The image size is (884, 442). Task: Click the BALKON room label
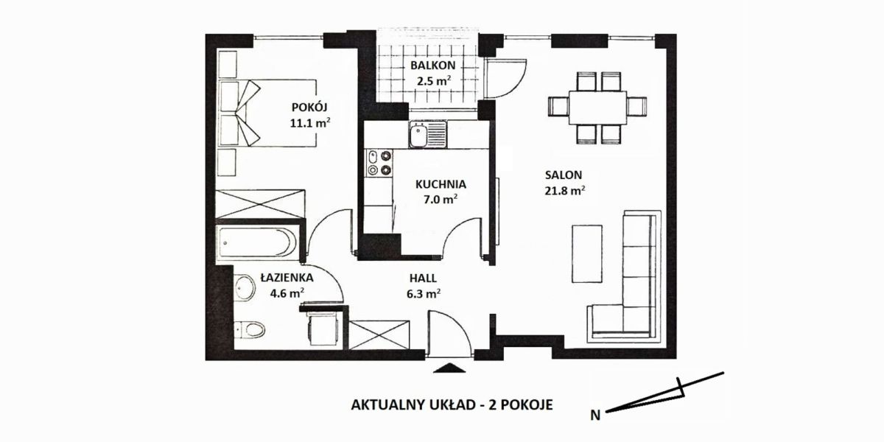click(432, 65)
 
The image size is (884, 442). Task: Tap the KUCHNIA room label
click(441, 184)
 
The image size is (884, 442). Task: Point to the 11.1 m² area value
click(310, 123)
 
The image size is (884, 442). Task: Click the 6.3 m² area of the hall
click(423, 294)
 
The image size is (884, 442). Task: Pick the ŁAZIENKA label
click(287, 278)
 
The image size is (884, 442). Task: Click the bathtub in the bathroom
click(257, 243)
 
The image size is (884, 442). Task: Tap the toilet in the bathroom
click(250, 329)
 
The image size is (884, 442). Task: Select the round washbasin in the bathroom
click(245, 288)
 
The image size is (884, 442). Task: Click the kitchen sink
click(428, 134)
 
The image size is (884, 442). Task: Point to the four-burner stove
click(379, 163)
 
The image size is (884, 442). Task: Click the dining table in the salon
click(597, 108)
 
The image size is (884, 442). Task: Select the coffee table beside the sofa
click(587, 253)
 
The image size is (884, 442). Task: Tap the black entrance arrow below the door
click(449, 368)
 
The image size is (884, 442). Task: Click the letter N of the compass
click(595, 415)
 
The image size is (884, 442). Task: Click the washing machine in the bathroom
click(323, 329)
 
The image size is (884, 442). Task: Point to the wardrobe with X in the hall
click(379, 335)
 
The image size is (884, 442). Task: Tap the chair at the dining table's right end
click(636, 107)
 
